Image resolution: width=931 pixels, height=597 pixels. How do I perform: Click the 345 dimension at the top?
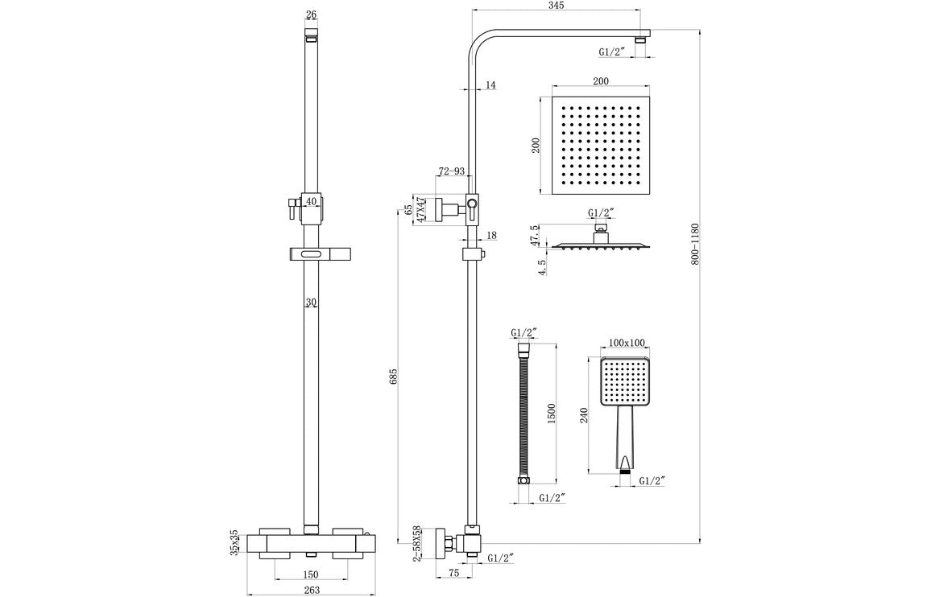coord(556,6)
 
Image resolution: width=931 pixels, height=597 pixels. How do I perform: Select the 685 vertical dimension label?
coord(395,376)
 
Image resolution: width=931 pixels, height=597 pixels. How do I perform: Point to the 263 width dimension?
coord(312,590)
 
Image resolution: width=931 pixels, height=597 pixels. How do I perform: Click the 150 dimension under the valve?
coord(311,574)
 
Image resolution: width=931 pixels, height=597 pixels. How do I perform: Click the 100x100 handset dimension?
coord(627,343)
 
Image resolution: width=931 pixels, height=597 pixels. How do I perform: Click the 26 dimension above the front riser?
coord(312,14)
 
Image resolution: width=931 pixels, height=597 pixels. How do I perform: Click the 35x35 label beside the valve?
coord(234,541)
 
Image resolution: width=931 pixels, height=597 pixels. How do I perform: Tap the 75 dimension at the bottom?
coord(453,574)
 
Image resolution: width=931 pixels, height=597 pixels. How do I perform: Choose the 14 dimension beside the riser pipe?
coord(491,84)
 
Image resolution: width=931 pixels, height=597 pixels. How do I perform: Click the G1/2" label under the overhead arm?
coord(612,52)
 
